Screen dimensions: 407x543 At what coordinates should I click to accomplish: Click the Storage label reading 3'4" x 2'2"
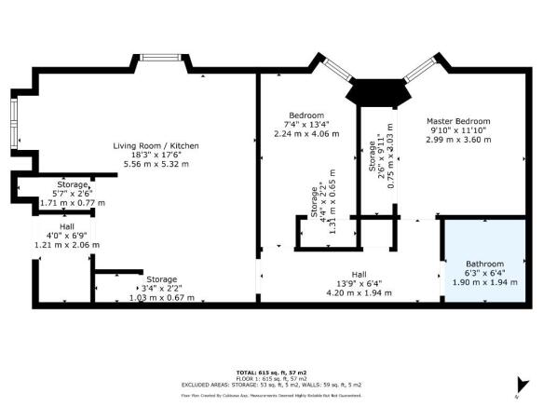160,279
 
